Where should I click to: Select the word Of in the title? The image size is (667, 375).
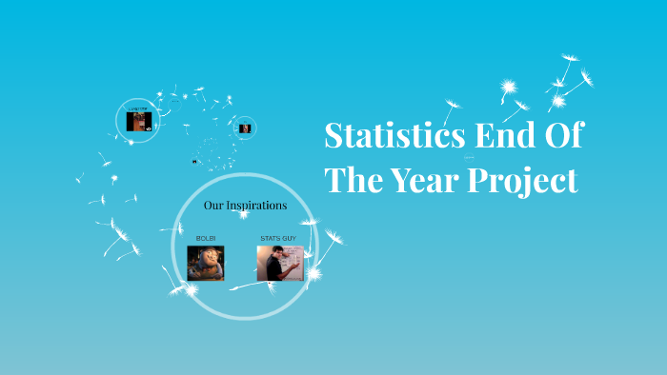pos(562,136)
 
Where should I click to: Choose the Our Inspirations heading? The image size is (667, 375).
pos(245,205)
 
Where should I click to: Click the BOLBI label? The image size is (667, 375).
pos(206,236)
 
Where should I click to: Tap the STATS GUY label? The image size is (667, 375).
pos(279,236)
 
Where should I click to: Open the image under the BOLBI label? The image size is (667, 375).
pos(206,263)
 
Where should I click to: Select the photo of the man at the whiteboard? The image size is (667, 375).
pos(279,263)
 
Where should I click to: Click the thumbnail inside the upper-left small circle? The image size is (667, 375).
pos(139,121)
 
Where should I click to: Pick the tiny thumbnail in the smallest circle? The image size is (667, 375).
pos(245,128)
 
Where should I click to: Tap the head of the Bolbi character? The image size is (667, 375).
pos(203,255)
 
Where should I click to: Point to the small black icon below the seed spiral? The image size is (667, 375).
pos(194,161)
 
